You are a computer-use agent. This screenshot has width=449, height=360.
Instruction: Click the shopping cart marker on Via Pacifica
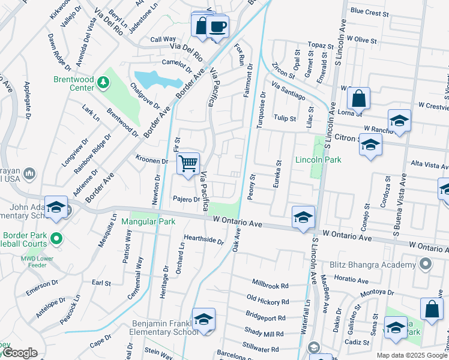[188, 164]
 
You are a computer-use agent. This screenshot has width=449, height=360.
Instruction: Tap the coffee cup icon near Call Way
[217, 27]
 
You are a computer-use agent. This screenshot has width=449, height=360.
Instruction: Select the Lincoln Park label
[318, 160]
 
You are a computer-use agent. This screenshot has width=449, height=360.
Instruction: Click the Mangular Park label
[148, 221]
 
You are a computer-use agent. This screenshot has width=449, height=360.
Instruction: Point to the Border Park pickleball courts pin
[56, 239]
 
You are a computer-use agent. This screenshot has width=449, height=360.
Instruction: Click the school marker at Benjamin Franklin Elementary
[203, 319]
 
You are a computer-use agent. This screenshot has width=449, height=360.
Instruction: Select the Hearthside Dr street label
[204, 240]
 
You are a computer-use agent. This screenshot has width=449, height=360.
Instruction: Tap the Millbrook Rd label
[270, 283]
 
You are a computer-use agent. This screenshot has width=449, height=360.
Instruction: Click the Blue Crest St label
[370, 12]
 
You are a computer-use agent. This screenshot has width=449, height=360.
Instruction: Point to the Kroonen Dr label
[151, 161]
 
